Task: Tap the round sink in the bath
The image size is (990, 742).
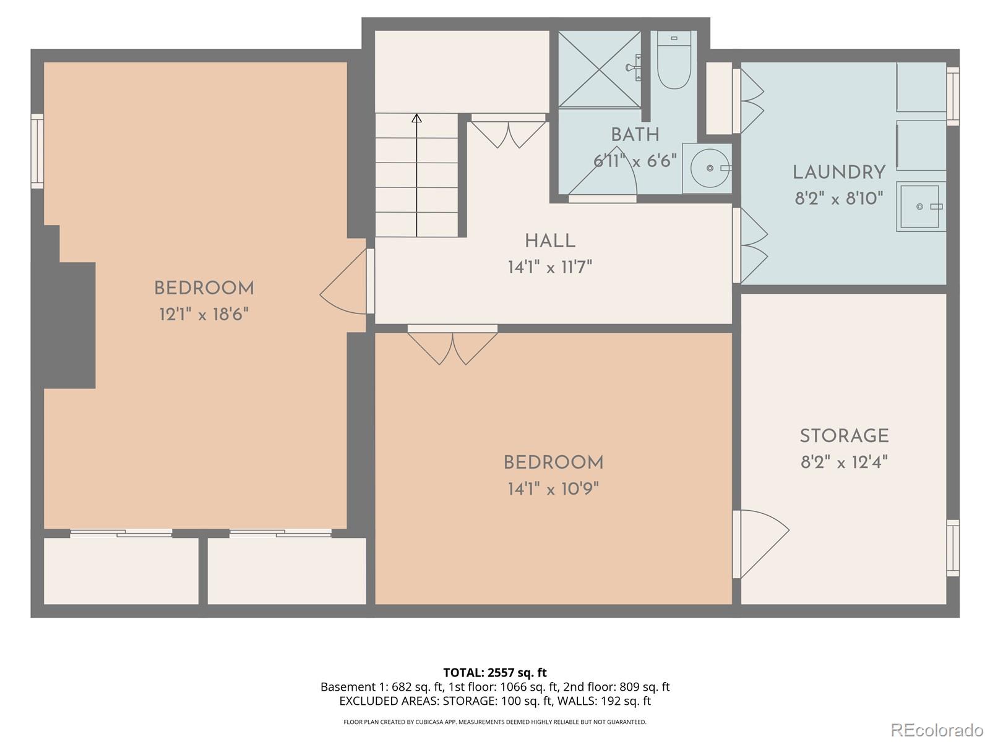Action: coord(708,168)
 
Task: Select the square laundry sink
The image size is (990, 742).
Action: coord(921,207)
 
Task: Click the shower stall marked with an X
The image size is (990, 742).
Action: coord(599,69)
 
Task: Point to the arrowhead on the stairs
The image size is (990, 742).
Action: coord(417,117)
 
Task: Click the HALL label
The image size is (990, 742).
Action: coord(550,241)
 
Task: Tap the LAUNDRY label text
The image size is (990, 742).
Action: coord(839,173)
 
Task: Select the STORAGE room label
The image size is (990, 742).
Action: coord(844,436)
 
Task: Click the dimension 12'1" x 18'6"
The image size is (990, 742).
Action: coord(204,315)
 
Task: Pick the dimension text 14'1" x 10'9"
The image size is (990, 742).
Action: coord(553,489)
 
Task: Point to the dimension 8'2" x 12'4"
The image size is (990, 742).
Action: coord(844,463)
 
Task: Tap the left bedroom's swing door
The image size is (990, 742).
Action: coord(344,284)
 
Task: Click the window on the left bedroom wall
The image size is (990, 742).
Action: coord(38,151)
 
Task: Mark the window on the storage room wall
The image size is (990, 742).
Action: coord(953,548)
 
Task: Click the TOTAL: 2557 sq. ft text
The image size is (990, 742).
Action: coord(495,672)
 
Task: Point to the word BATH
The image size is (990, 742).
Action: coord(635,135)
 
